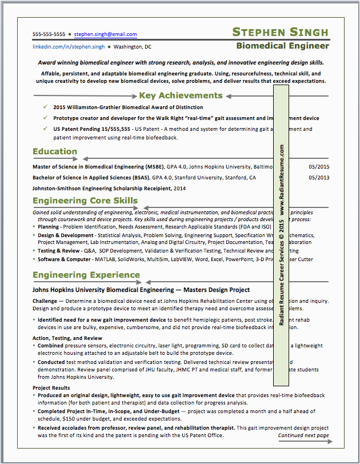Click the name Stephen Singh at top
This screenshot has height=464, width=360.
[x=281, y=32]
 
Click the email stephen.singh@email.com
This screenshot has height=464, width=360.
[x=105, y=34]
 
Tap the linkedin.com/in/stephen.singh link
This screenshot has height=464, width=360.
[x=69, y=47]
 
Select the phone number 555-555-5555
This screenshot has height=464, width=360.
[x=49, y=34]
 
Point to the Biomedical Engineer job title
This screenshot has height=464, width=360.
[x=283, y=46]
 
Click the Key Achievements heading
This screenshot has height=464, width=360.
[x=181, y=95]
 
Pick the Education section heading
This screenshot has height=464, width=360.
[x=55, y=151]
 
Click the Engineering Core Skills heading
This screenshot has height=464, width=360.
[x=85, y=201]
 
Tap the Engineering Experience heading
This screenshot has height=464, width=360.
[x=86, y=275]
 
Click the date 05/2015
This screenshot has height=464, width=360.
[x=319, y=167]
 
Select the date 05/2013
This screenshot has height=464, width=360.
[x=319, y=178]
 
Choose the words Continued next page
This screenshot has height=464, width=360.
[x=303, y=435]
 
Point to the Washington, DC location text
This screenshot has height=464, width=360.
[x=133, y=47]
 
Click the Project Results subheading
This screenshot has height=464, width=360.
[x=51, y=388]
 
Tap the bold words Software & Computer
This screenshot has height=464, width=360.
[x=64, y=259]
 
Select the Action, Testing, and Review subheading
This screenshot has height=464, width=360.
[x=67, y=338]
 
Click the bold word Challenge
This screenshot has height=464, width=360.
[x=45, y=301]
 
